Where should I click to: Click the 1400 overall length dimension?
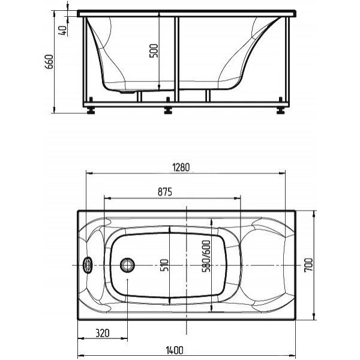(175, 350)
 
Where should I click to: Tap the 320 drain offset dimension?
(103, 333)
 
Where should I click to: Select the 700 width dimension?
(308, 265)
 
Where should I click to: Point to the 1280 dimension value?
(181, 167)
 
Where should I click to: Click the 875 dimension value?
(165, 192)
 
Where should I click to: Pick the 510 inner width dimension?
(164, 265)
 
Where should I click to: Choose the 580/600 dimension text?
(206, 256)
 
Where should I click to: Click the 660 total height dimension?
(49, 62)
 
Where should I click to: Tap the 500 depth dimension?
(154, 51)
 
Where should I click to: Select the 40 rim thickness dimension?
(62, 31)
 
